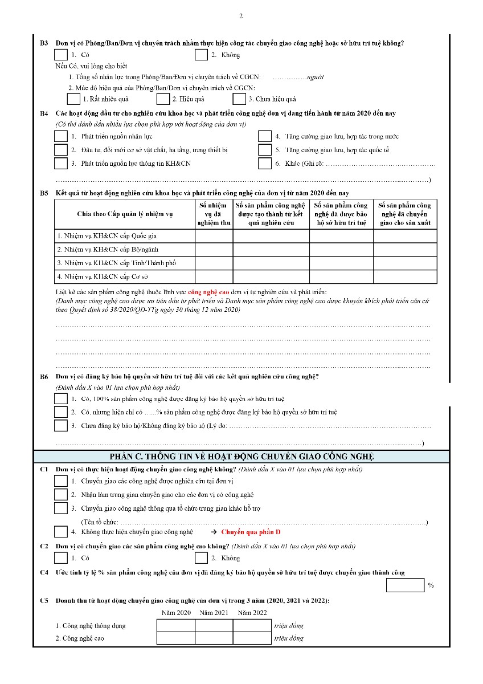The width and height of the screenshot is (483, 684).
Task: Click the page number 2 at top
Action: (x=241, y=16)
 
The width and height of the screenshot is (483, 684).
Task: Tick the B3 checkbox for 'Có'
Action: (x=60, y=55)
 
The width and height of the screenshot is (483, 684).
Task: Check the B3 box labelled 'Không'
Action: (x=200, y=55)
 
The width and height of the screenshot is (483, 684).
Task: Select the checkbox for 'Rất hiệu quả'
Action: (x=73, y=99)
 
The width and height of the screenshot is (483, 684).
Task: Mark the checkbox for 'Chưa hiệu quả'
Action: (x=239, y=99)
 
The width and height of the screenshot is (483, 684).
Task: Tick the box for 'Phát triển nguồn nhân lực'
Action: (x=60, y=136)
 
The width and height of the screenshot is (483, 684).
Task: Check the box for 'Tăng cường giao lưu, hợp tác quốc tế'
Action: (x=264, y=150)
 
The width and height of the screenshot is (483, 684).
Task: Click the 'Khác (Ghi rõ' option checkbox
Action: (x=264, y=164)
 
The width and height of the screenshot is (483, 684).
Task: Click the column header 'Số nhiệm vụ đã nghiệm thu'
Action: (x=214, y=214)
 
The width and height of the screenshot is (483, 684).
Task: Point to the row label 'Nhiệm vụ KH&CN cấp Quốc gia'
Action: (x=107, y=235)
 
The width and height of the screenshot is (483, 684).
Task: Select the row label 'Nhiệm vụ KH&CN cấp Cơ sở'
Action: (x=103, y=277)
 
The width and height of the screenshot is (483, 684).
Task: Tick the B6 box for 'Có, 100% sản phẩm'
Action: (x=60, y=398)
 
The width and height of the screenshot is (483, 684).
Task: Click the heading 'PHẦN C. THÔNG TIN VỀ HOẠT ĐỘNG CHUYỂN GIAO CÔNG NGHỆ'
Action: (x=241, y=457)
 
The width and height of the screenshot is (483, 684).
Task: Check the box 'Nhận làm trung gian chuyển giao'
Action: (x=60, y=494)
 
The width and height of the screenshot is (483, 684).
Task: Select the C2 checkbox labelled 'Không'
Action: (x=200, y=557)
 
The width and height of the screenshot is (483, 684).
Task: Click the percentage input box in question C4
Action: (x=405, y=585)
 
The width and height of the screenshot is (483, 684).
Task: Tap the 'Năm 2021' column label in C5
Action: (x=214, y=613)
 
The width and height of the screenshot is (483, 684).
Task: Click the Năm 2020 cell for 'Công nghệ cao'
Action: (x=175, y=638)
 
